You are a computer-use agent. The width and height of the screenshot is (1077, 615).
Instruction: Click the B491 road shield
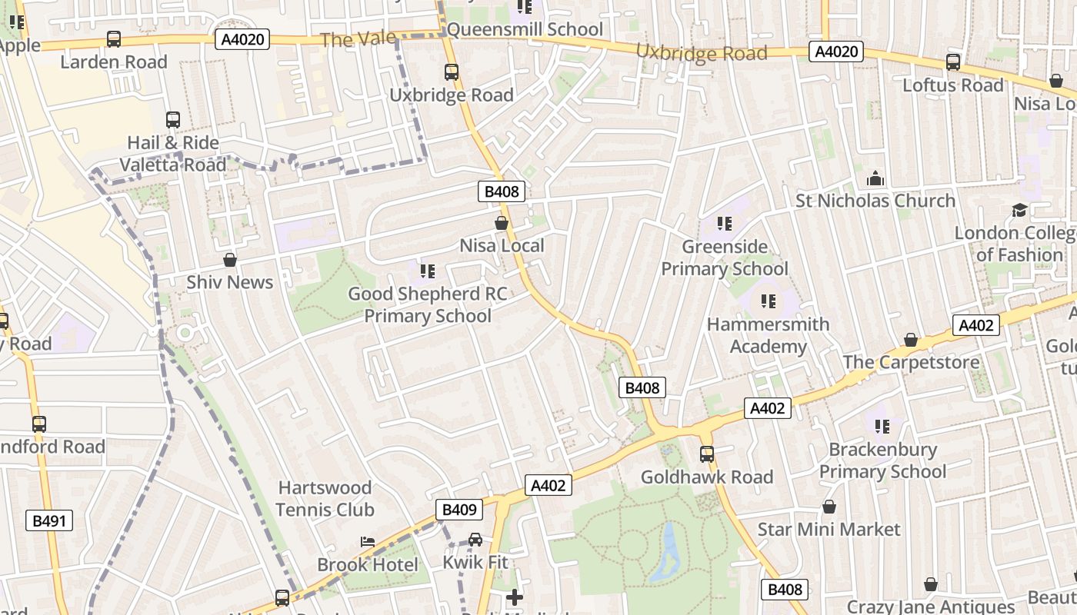click(49, 520)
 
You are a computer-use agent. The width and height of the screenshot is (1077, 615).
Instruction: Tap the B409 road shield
click(459, 509)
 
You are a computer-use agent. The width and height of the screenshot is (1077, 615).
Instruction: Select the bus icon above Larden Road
click(114, 39)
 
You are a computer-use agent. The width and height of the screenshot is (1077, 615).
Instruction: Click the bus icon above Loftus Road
click(953, 62)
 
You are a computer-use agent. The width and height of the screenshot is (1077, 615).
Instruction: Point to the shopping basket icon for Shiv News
click(229, 260)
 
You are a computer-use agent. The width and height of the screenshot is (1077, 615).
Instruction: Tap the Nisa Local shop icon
click(502, 224)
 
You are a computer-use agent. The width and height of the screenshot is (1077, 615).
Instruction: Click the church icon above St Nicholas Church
click(875, 179)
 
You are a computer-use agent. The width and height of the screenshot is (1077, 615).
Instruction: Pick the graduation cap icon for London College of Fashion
click(1019, 210)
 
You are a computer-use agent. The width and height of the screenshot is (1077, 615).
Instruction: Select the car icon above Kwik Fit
click(475, 540)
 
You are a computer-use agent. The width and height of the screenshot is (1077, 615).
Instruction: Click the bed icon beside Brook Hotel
click(368, 542)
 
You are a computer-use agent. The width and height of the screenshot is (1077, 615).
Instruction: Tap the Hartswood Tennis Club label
click(325, 498)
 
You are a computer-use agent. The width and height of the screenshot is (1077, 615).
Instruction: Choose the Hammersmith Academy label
click(768, 335)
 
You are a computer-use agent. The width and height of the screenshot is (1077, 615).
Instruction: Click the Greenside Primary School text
click(724, 258)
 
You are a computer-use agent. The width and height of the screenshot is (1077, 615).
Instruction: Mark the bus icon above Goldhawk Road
click(707, 454)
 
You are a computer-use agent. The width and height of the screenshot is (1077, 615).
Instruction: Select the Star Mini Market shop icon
click(829, 507)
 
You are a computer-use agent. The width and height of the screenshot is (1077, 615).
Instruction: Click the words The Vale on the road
click(358, 39)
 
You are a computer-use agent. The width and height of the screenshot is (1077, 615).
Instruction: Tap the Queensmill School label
click(525, 29)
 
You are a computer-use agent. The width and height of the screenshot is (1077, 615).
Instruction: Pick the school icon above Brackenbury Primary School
click(882, 426)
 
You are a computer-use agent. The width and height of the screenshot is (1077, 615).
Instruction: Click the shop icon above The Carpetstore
click(911, 340)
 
